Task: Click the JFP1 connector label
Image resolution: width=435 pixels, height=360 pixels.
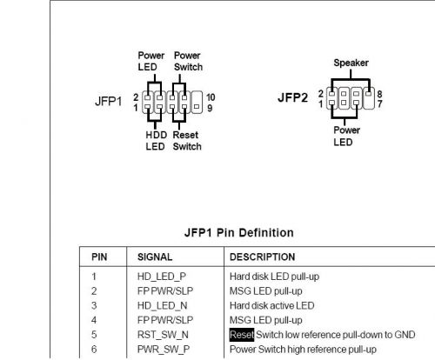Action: pos(108,102)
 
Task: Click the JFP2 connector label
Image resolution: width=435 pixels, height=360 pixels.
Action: pos(292,97)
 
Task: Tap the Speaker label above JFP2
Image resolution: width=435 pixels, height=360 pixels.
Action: pos(351,63)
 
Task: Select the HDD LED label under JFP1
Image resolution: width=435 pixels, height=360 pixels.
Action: pos(157,141)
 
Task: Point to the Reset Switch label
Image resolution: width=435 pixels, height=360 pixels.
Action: pos(187,141)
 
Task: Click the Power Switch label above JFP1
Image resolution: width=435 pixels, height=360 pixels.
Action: pos(188,61)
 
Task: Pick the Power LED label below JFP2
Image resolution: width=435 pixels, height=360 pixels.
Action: pos(346,136)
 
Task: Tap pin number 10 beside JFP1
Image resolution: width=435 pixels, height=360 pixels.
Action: pos(211,97)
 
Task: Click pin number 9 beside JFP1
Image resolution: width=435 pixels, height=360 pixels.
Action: pos(210,108)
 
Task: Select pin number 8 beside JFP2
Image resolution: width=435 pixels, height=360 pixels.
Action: pos(379,94)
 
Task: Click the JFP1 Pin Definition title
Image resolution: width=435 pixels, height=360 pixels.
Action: pos(239,233)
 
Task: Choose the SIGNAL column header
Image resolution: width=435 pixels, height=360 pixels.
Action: pos(155,257)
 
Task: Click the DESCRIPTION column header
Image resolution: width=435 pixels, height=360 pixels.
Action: pos(262,257)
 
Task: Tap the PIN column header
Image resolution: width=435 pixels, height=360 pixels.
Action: pos(99,257)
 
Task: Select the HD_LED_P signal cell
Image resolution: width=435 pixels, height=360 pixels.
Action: pos(162,277)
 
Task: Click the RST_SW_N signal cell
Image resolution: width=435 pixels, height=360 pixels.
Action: pos(163,335)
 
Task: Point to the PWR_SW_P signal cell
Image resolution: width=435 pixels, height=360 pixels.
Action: pos(164,350)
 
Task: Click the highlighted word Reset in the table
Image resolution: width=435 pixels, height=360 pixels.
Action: pos(242,335)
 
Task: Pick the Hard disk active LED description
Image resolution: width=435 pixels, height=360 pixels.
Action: pos(271,305)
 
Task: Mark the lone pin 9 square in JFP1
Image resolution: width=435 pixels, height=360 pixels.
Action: pos(197,107)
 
